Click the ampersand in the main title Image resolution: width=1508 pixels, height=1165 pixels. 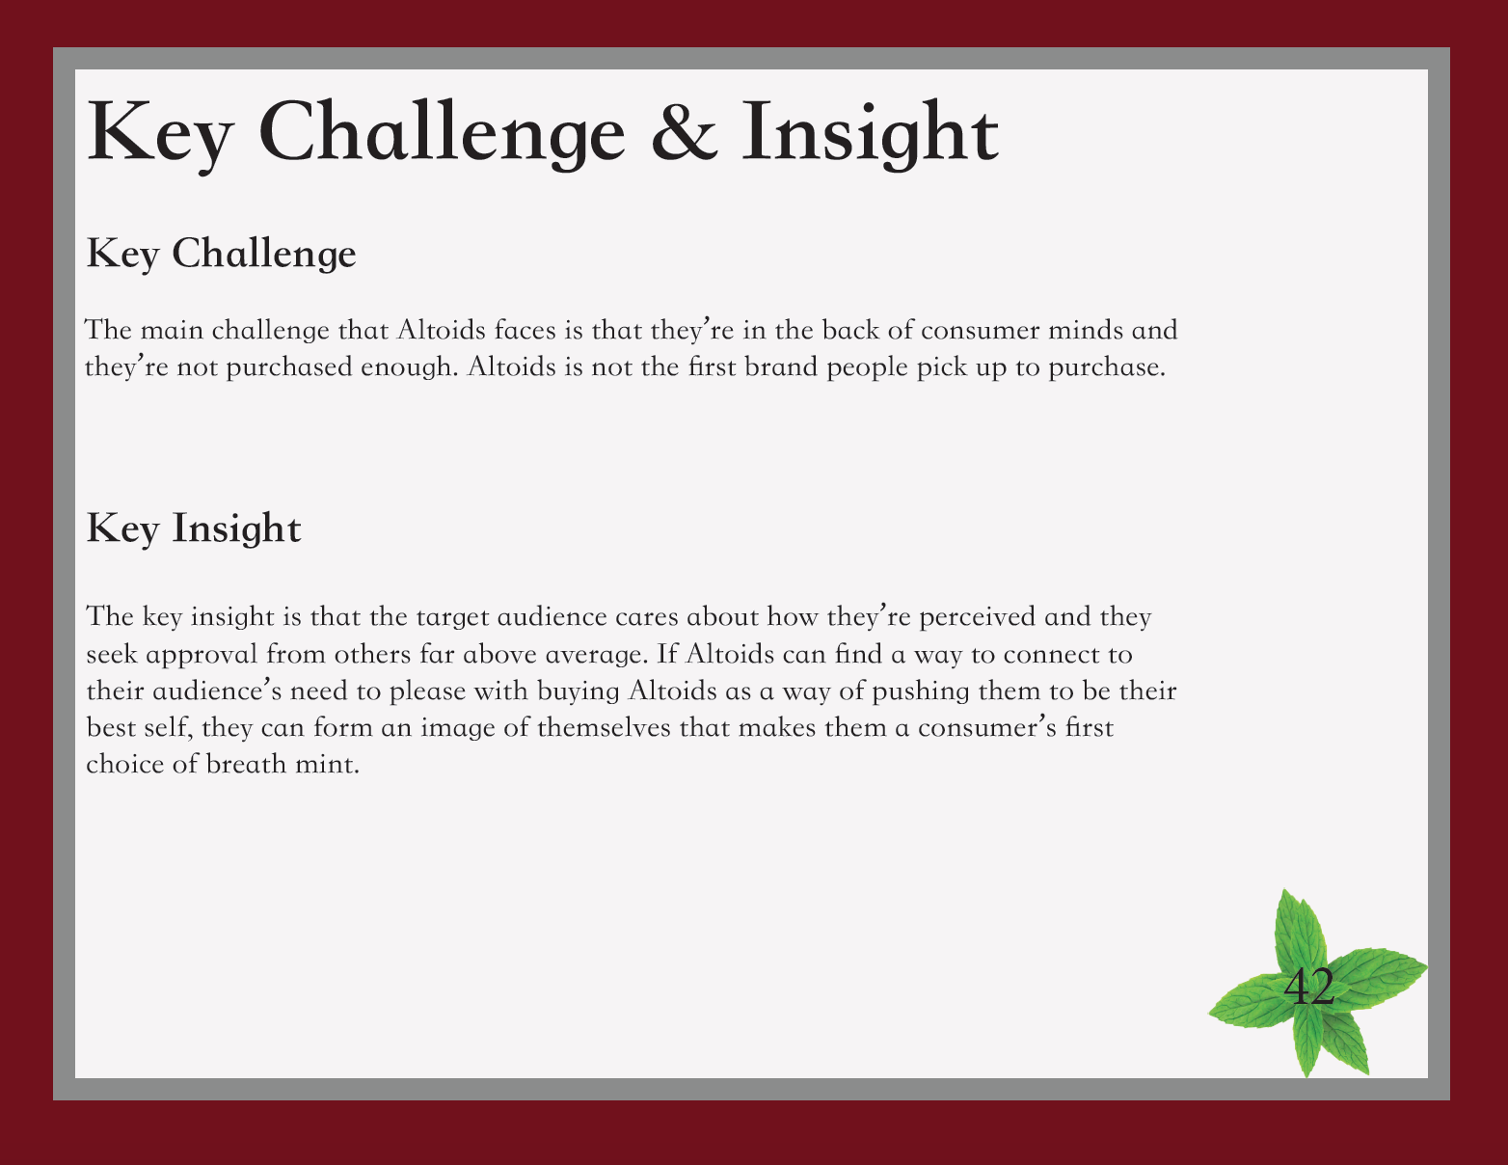point(684,131)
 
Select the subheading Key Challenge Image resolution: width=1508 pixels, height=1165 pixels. point(221,254)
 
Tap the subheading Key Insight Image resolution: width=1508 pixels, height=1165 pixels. point(194,528)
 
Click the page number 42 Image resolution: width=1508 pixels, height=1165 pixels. point(1308,986)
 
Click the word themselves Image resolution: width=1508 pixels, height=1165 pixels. point(604,728)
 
